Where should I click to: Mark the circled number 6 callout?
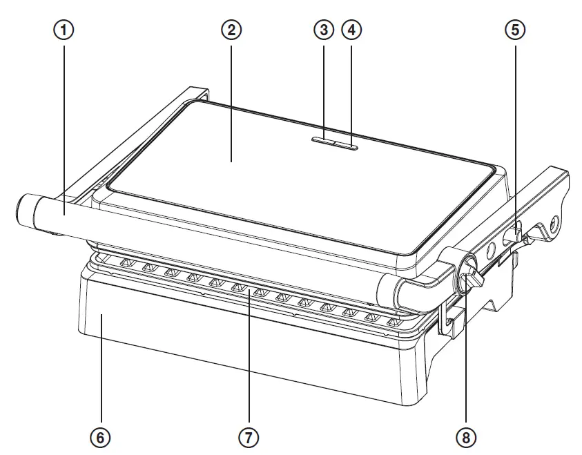tap(101, 436)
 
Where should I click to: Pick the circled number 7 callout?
tap(249, 436)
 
